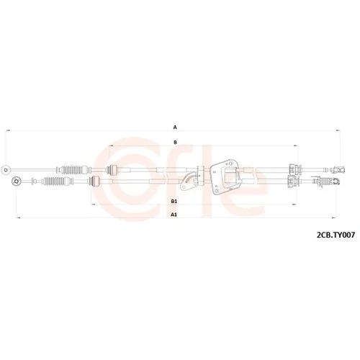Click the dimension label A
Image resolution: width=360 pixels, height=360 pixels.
click(x=175, y=127)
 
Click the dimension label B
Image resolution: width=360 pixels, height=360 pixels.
click(x=175, y=143)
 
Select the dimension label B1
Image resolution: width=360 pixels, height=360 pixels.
click(x=174, y=202)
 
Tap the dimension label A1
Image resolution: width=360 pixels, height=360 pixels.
click(x=174, y=215)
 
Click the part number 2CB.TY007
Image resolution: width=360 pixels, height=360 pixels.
click(x=336, y=235)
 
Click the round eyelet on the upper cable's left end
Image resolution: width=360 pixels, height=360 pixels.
click(x=5, y=170)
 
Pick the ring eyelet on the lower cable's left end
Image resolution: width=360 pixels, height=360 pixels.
click(x=16, y=181)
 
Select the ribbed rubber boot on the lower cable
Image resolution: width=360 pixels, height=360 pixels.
click(x=55, y=181)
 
